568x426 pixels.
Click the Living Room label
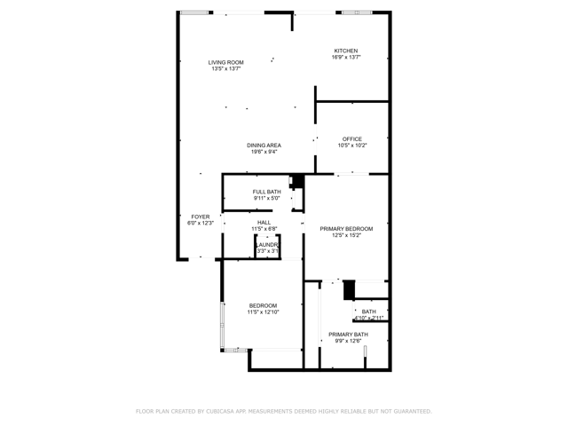coord(226,62)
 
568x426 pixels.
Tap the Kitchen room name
coord(345,51)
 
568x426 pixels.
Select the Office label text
coord(352,138)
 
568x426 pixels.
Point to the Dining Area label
coord(264,145)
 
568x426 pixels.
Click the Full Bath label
coord(266,192)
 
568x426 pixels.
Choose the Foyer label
coord(201,217)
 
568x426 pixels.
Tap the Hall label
coord(264,223)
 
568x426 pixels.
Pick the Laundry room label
coord(268,244)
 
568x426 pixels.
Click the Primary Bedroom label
coord(346,229)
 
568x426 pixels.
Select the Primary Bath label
coord(347,334)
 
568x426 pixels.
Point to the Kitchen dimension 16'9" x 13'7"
coord(345,58)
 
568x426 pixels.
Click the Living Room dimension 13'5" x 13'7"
coord(226,69)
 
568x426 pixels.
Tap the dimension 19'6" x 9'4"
coord(264,152)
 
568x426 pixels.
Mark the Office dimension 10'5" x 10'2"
coord(352,146)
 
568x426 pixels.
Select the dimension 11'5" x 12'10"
coord(263,312)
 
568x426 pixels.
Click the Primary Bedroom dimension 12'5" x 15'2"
coord(346,236)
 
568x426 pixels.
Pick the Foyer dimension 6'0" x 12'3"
coord(201,224)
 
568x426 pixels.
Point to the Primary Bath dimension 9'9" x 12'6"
coord(347,341)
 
